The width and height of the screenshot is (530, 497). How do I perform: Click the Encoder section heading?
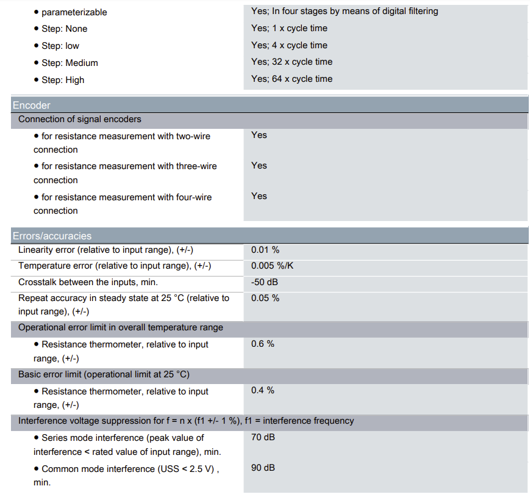click(x=32, y=105)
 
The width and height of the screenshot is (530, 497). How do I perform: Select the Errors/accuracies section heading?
click(x=52, y=236)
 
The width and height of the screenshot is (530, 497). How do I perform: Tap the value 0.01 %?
click(x=265, y=250)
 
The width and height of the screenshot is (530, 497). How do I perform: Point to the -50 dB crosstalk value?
click(x=265, y=282)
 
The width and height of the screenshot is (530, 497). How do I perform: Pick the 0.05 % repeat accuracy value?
click(x=265, y=298)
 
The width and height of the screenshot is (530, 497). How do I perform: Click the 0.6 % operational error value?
click(x=263, y=344)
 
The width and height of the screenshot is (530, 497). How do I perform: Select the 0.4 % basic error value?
click(x=263, y=390)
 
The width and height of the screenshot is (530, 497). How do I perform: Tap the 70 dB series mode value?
click(x=263, y=437)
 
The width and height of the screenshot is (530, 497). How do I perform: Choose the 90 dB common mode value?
click(x=263, y=468)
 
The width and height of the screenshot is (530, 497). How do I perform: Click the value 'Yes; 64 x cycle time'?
click(x=292, y=79)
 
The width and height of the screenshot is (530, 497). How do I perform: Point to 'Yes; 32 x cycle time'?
click(x=292, y=62)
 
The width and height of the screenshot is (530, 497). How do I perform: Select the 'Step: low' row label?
click(x=60, y=46)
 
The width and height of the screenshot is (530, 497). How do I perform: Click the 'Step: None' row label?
click(x=64, y=29)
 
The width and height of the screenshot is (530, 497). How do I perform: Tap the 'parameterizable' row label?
click(x=74, y=12)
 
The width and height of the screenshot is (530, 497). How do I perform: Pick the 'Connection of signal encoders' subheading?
click(x=80, y=119)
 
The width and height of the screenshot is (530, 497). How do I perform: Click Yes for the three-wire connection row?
click(x=259, y=165)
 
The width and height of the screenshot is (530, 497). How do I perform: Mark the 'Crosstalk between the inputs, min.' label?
click(x=88, y=282)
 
